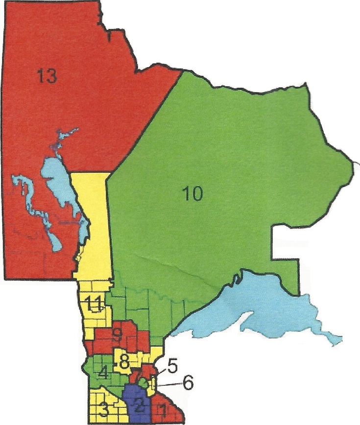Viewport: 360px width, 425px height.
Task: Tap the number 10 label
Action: pos(192,194)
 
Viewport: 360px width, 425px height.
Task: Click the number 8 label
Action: pos(124,363)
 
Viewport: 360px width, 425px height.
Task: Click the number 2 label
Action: pos(139,404)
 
